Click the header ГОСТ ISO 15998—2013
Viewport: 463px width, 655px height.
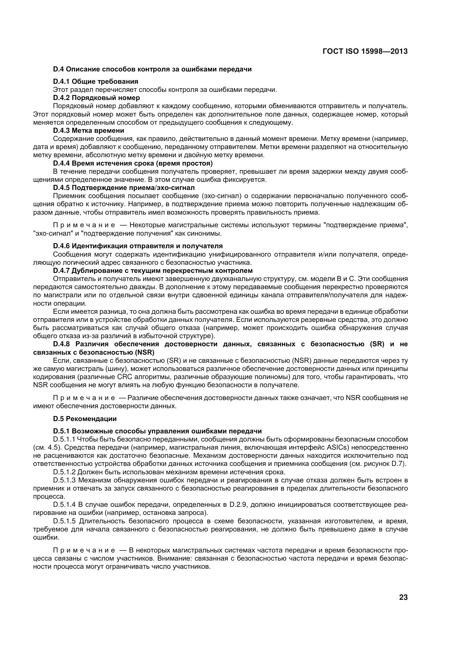coord(365,51)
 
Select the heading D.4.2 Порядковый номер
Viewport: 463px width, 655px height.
coord(96,98)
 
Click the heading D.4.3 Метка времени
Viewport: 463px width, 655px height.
coord(89,131)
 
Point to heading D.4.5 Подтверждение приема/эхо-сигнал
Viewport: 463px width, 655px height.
coord(124,188)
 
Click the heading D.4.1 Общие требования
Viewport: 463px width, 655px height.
coord(96,82)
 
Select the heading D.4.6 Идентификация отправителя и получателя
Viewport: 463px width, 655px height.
coord(138,246)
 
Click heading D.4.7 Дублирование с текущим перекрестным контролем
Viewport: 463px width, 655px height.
coord(153,270)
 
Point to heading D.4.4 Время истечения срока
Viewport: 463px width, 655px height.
coord(133,163)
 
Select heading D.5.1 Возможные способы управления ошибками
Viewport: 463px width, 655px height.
coord(157,431)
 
